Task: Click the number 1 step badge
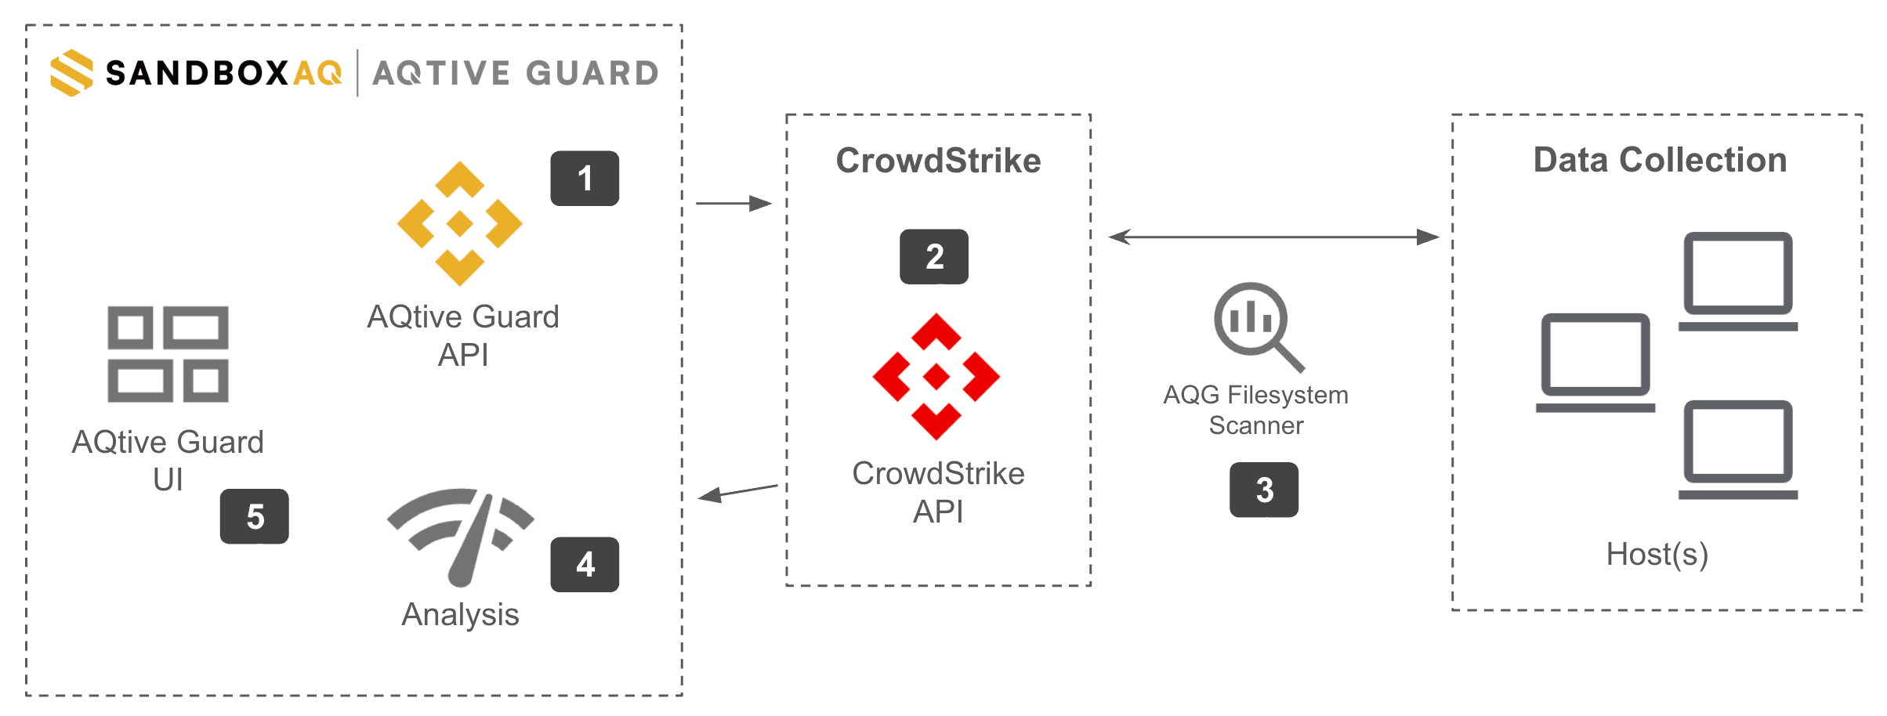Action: click(585, 179)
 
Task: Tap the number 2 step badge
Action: click(934, 257)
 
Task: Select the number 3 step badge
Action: click(1264, 490)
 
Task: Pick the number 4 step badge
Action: click(585, 565)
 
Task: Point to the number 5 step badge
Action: click(255, 516)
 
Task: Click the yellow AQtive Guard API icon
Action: click(460, 224)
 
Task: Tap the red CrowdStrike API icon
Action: click(936, 377)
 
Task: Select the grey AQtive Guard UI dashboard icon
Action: click(168, 354)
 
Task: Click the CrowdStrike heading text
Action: click(938, 161)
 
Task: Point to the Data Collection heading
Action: click(1660, 160)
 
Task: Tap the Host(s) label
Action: click(1657, 555)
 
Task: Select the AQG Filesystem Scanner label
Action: click(1256, 410)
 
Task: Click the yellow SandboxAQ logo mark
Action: click(71, 73)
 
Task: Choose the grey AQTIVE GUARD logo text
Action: click(516, 74)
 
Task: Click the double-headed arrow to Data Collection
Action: click(1274, 237)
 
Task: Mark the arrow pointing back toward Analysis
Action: click(737, 492)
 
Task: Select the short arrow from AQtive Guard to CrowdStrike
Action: click(734, 204)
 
